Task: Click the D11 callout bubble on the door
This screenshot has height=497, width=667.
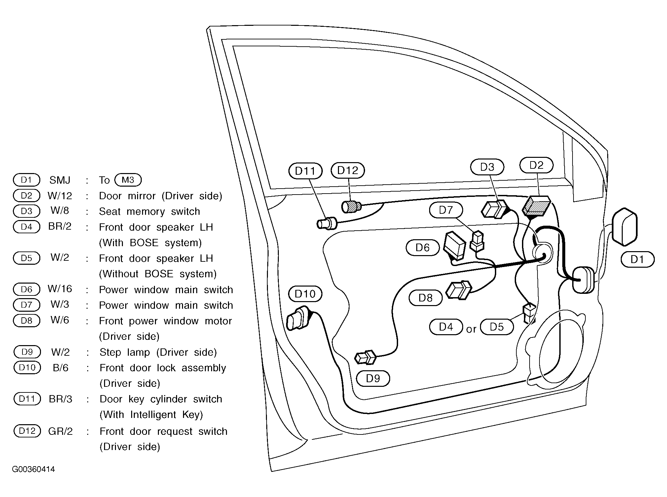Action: [305, 171]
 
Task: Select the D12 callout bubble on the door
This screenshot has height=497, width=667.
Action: [348, 170]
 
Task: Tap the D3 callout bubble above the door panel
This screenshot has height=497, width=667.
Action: [487, 167]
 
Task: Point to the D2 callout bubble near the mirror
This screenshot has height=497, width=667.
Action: [537, 165]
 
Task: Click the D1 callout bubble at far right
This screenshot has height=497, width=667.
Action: [638, 259]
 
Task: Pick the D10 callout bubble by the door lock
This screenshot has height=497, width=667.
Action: [305, 294]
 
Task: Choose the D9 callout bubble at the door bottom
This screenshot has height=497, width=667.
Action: [373, 378]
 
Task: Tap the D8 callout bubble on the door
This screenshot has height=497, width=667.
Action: [426, 298]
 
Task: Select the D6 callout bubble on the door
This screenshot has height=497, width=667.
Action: [423, 248]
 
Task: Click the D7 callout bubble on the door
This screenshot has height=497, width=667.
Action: [446, 210]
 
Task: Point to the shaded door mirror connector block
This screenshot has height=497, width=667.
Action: [536, 206]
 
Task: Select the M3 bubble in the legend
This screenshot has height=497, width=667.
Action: [128, 180]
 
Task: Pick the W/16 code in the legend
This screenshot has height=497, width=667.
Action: [60, 289]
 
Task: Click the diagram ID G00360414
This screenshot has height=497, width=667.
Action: [33, 469]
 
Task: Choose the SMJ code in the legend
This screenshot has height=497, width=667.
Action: [60, 180]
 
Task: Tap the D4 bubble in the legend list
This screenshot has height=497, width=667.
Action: [26, 227]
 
